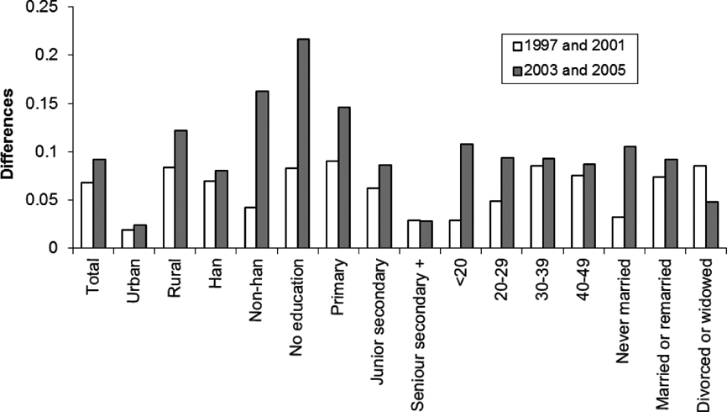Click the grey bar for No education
(x=304, y=144)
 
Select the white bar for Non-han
(x=249, y=228)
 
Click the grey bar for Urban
(x=139, y=236)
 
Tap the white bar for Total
(x=86, y=215)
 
